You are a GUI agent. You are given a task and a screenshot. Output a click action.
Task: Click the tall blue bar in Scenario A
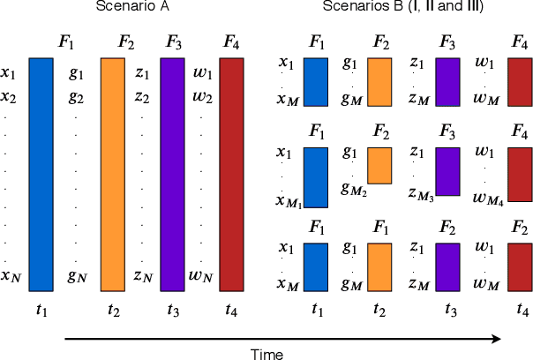(41, 173)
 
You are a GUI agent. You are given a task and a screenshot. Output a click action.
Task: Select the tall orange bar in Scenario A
(114, 173)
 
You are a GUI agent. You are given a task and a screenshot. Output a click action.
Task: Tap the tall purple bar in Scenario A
(173, 173)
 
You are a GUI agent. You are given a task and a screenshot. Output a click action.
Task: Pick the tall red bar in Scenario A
(231, 173)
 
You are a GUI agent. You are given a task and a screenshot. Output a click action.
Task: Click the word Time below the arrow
(266, 353)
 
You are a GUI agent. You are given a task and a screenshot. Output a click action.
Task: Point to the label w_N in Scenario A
(201, 277)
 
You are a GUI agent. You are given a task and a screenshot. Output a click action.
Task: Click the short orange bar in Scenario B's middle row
(379, 165)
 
